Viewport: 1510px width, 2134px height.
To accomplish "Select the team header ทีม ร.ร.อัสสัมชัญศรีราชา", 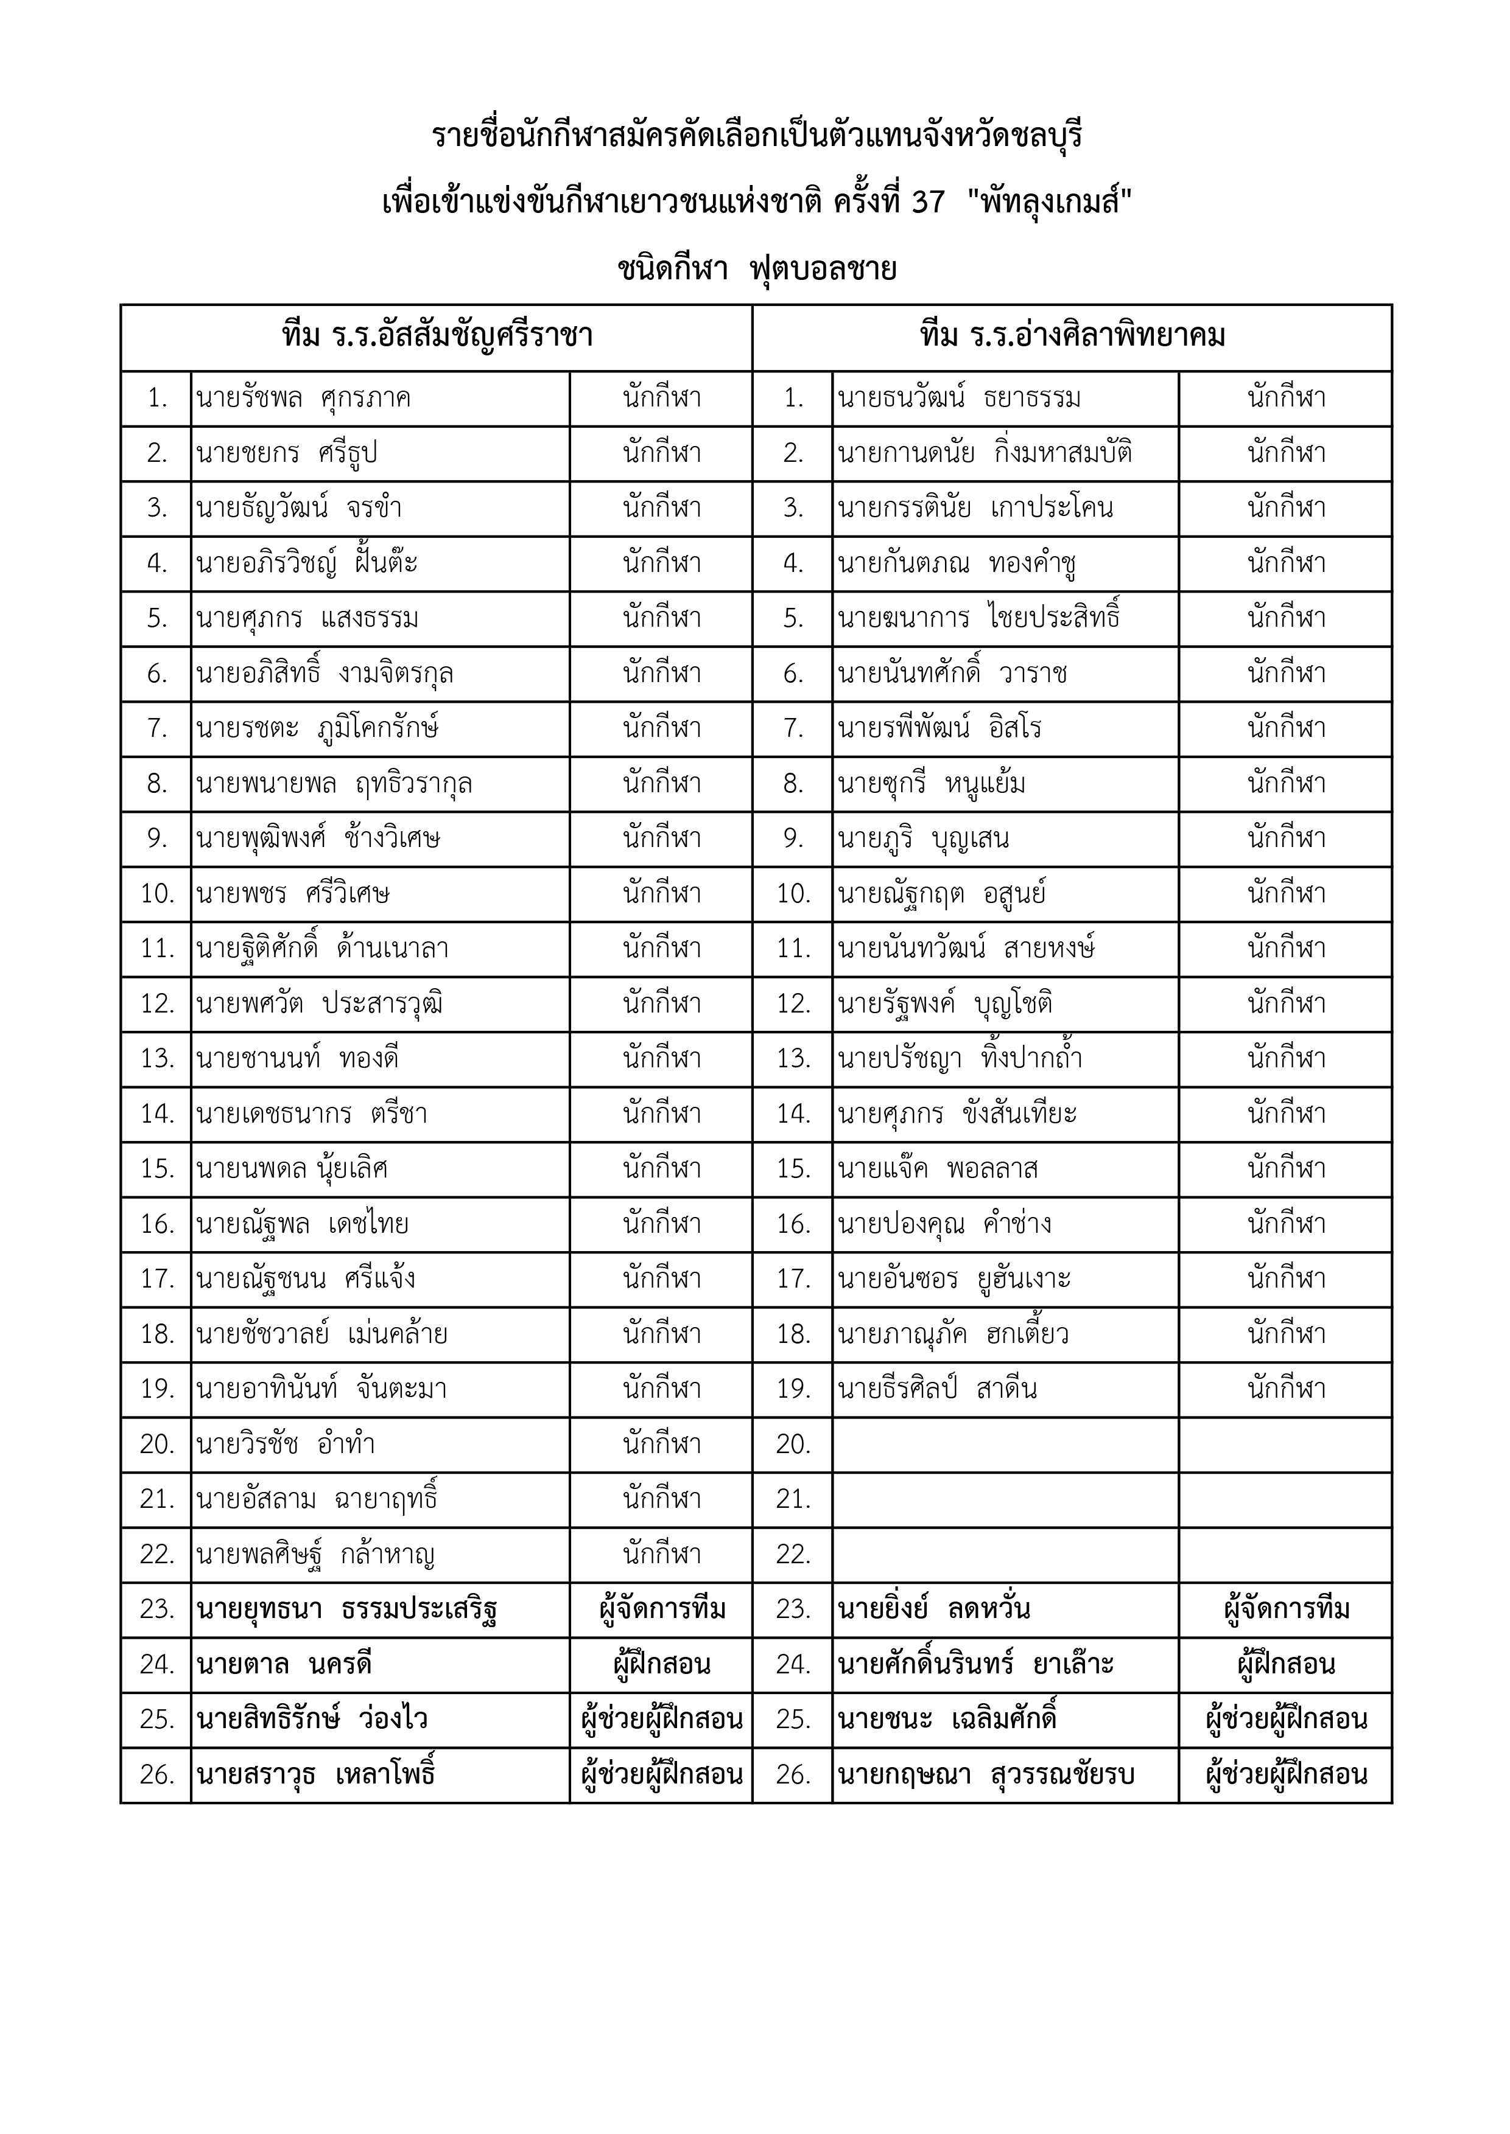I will (x=437, y=336).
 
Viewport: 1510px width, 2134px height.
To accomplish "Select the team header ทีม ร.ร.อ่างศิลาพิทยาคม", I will (x=1072, y=336).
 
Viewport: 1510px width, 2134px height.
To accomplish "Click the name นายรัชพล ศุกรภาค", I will (x=303, y=399).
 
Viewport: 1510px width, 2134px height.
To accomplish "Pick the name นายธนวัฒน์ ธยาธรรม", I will (x=958, y=399).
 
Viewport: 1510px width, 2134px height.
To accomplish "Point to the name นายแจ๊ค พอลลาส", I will (x=937, y=1168).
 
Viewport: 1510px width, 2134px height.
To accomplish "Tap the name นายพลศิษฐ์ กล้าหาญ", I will (x=316, y=1554).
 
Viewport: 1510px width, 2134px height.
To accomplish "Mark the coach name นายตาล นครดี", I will (x=284, y=1664).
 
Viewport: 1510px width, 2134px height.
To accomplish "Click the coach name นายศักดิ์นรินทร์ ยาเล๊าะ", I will (x=975, y=1664).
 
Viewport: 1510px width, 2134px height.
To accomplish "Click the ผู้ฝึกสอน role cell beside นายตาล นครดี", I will (x=661, y=1664).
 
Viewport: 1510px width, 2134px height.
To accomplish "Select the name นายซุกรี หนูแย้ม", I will (x=932, y=784).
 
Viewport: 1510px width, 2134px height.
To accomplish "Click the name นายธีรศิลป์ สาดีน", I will (x=937, y=1389).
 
